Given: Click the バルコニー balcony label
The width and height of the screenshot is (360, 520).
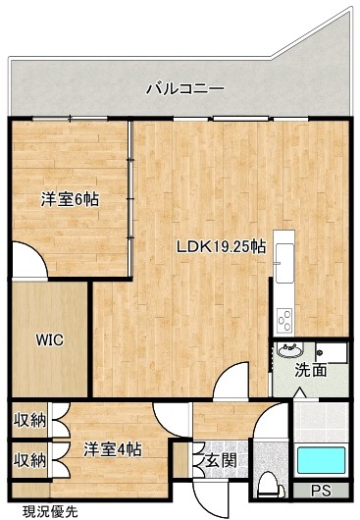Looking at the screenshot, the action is pyautogui.click(x=185, y=89).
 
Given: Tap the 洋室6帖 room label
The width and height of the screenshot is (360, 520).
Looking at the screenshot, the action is pyautogui.click(x=70, y=199).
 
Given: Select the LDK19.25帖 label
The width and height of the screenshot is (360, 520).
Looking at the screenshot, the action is pyautogui.click(x=221, y=246).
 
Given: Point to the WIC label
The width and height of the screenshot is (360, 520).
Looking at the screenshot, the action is pyautogui.click(x=50, y=339).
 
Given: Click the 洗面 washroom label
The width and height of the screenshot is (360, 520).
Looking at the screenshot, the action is pyautogui.click(x=311, y=370).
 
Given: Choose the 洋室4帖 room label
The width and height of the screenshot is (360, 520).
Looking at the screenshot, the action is pyautogui.click(x=113, y=449).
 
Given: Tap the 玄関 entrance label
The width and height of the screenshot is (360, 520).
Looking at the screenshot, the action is pyautogui.click(x=221, y=460).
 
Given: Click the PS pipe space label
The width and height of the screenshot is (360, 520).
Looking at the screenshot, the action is pyautogui.click(x=321, y=491).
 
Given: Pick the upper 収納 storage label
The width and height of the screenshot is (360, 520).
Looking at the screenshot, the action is pyautogui.click(x=29, y=421).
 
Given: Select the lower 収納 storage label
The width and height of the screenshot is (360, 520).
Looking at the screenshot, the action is pyautogui.click(x=29, y=460).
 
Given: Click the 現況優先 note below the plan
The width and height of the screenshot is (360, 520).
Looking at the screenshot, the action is pyautogui.click(x=50, y=512).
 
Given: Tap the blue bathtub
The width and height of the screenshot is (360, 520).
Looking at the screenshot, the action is pyautogui.click(x=321, y=460).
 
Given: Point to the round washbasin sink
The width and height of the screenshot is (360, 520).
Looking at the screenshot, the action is pyautogui.click(x=290, y=349).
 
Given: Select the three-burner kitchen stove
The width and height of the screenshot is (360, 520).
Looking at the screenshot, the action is pyautogui.click(x=284, y=321).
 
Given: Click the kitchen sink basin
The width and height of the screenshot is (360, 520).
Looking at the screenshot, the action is pyautogui.click(x=284, y=263).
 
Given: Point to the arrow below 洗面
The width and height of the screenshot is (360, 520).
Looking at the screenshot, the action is pyautogui.click(x=301, y=392).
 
